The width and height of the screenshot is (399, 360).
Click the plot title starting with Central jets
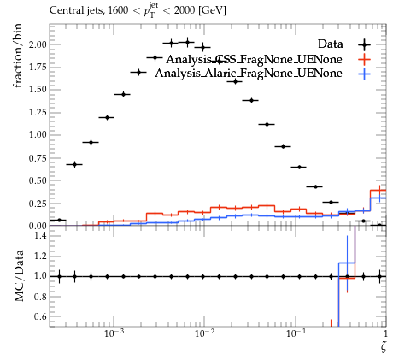point(138,11)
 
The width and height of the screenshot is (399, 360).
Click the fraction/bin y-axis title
point(18,56)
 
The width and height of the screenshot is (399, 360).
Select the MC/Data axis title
point(19,276)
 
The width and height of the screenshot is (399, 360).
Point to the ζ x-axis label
point(384,346)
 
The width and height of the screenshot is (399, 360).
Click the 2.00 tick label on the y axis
point(38,44)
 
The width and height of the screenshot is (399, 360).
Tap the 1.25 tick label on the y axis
point(38,112)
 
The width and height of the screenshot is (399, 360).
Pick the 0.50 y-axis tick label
point(38,180)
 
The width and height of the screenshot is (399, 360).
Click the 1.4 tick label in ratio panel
point(41,236)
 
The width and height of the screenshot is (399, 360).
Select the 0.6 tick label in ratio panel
point(41,316)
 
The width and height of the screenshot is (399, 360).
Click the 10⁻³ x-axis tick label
point(114,333)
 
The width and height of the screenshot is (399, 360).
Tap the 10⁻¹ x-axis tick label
point(296,333)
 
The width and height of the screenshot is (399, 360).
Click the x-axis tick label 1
point(385,333)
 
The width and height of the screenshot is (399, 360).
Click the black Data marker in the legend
point(365,44)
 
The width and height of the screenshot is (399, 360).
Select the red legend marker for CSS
point(365,59)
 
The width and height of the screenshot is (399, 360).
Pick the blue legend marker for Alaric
point(365,74)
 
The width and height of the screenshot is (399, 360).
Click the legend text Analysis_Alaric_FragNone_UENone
point(249,74)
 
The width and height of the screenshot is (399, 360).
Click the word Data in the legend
point(331,44)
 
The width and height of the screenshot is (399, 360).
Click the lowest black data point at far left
point(59,220)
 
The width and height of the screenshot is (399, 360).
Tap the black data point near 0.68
point(74,164)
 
